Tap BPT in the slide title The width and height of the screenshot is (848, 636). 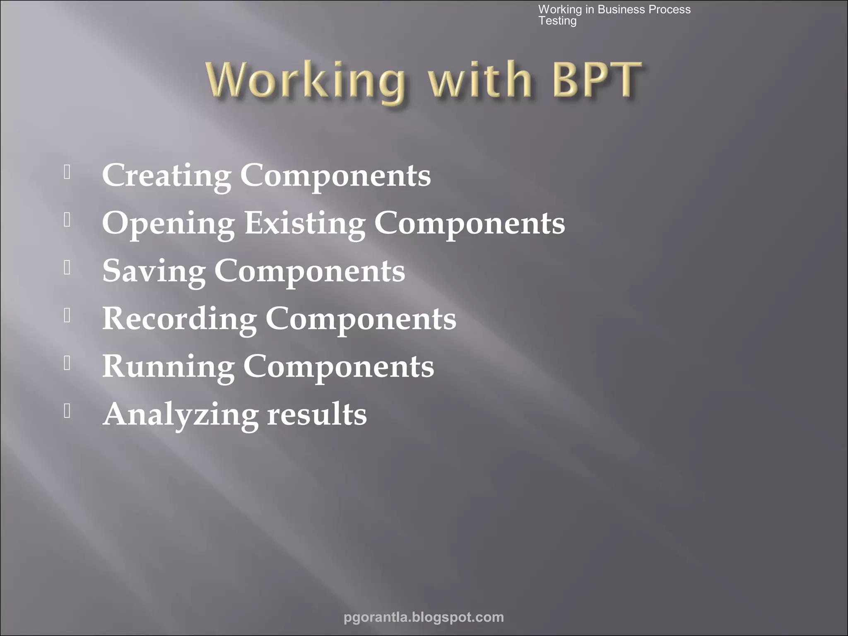596,79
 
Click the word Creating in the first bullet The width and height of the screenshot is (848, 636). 166,176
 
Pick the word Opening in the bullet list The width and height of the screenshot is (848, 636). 169,224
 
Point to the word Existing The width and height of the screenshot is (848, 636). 305,223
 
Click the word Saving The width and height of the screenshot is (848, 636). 154,271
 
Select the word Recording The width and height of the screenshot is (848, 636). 179,319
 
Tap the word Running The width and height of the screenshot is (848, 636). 168,367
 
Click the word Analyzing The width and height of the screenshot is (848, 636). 181,415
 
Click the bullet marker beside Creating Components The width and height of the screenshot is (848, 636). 67,172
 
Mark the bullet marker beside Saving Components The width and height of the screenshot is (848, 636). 67,267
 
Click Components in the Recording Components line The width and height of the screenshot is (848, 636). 361,319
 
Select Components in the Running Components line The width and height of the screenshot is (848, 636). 339,367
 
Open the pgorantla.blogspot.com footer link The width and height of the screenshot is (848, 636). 424,617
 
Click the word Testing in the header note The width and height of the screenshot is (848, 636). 557,21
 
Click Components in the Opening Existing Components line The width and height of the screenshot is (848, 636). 470,224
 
